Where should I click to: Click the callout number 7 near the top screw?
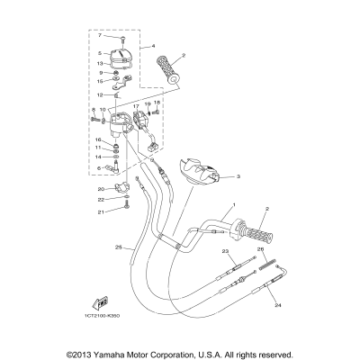(101, 35)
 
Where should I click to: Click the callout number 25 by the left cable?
(117, 247)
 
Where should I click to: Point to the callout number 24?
(276, 305)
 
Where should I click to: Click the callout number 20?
(102, 188)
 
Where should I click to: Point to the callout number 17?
(137, 105)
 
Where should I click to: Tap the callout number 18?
(156, 103)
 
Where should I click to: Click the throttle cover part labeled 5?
(121, 57)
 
